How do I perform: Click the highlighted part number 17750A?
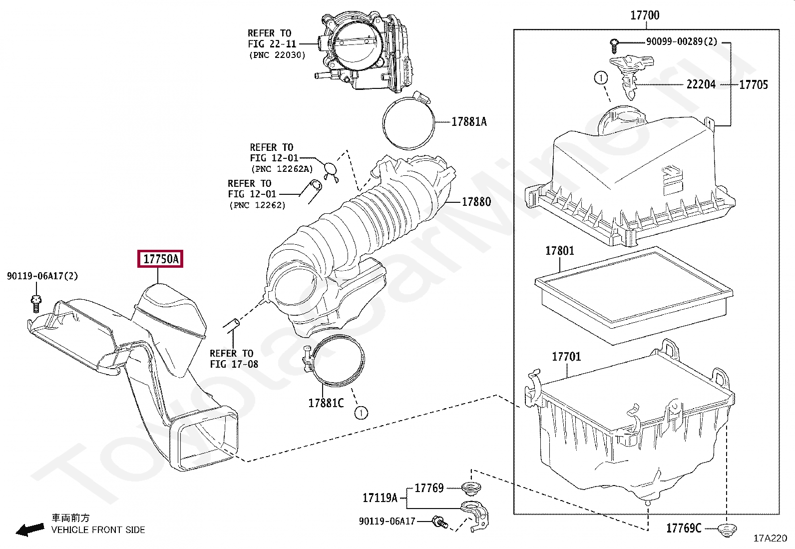pyautogui.click(x=160, y=259)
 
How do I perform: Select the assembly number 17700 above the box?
pyautogui.click(x=645, y=15)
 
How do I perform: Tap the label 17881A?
pyautogui.click(x=468, y=121)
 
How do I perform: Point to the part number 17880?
pyautogui.click(x=476, y=202)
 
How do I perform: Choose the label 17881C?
pyautogui.click(x=326, y=403)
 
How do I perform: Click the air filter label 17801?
pyautogui.click(x=559, y=251)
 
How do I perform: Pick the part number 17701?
pyautogui.click(x=566, y=357)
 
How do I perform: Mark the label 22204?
pyautogui.click(x=701, y=84)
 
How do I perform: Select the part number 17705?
pyautogui.click(x=753, y=84)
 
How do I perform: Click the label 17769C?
pyautogui.click(x=683, y=528)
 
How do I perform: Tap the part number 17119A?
pyautogui.click(x=380, y=498)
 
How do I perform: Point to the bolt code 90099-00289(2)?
pyautogui.click(x=681, y=41)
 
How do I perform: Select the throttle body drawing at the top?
pyautogui.click(x=367, y=52)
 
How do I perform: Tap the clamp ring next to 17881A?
pyautogui.click(x=408, y=122)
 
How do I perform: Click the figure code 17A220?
pyautogui.click(x=770, y=538)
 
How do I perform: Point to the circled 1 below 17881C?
pyautogui.click(x=361, y=413)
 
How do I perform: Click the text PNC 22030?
pyautogui.click(x=277, y=55)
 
